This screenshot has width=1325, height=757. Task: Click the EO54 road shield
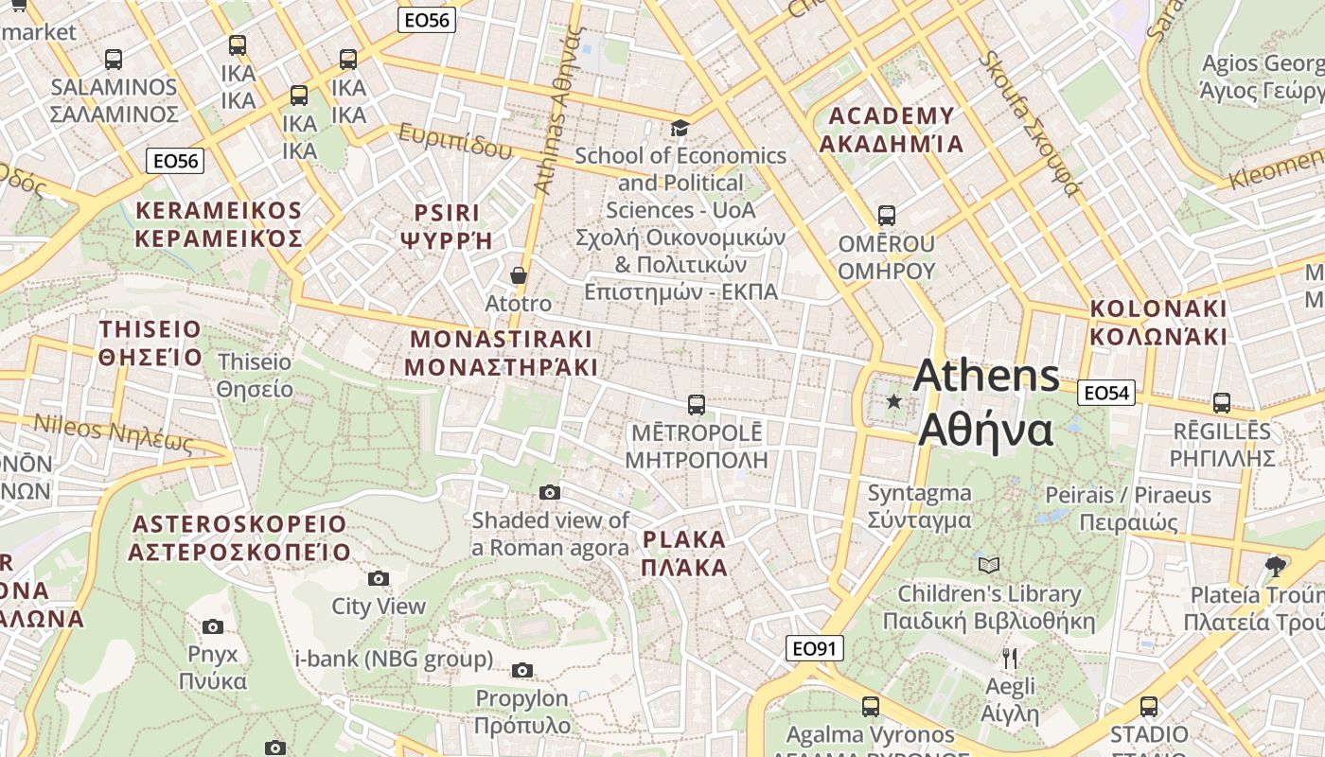point(1106,393)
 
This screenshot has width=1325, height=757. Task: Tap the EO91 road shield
point(814,648)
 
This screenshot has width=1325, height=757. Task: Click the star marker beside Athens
point(893,402)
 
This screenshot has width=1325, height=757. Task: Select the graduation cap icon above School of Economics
point(680,128)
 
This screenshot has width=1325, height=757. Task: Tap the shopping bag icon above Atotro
point(518,275)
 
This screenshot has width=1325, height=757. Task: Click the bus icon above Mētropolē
point(696,405)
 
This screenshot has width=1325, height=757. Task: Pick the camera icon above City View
point(378,578)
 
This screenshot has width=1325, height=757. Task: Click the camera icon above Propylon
point(521,671)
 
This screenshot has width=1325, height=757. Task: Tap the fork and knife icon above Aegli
point(1010,659)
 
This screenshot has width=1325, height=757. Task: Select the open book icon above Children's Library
point(988,566)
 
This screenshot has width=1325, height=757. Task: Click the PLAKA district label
point(684,554)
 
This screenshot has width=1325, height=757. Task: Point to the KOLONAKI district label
point(1157,323)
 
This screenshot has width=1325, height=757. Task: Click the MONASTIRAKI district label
point(502,353)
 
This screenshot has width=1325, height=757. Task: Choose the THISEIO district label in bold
point(150,343)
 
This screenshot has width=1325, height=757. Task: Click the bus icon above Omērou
point(886,216)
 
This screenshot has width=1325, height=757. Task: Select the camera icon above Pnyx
point(212,626)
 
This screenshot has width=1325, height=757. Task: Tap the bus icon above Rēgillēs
point(1221,403)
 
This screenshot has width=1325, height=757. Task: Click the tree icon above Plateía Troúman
point(1275,566)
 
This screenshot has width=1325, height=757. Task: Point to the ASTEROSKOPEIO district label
point(240,537)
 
